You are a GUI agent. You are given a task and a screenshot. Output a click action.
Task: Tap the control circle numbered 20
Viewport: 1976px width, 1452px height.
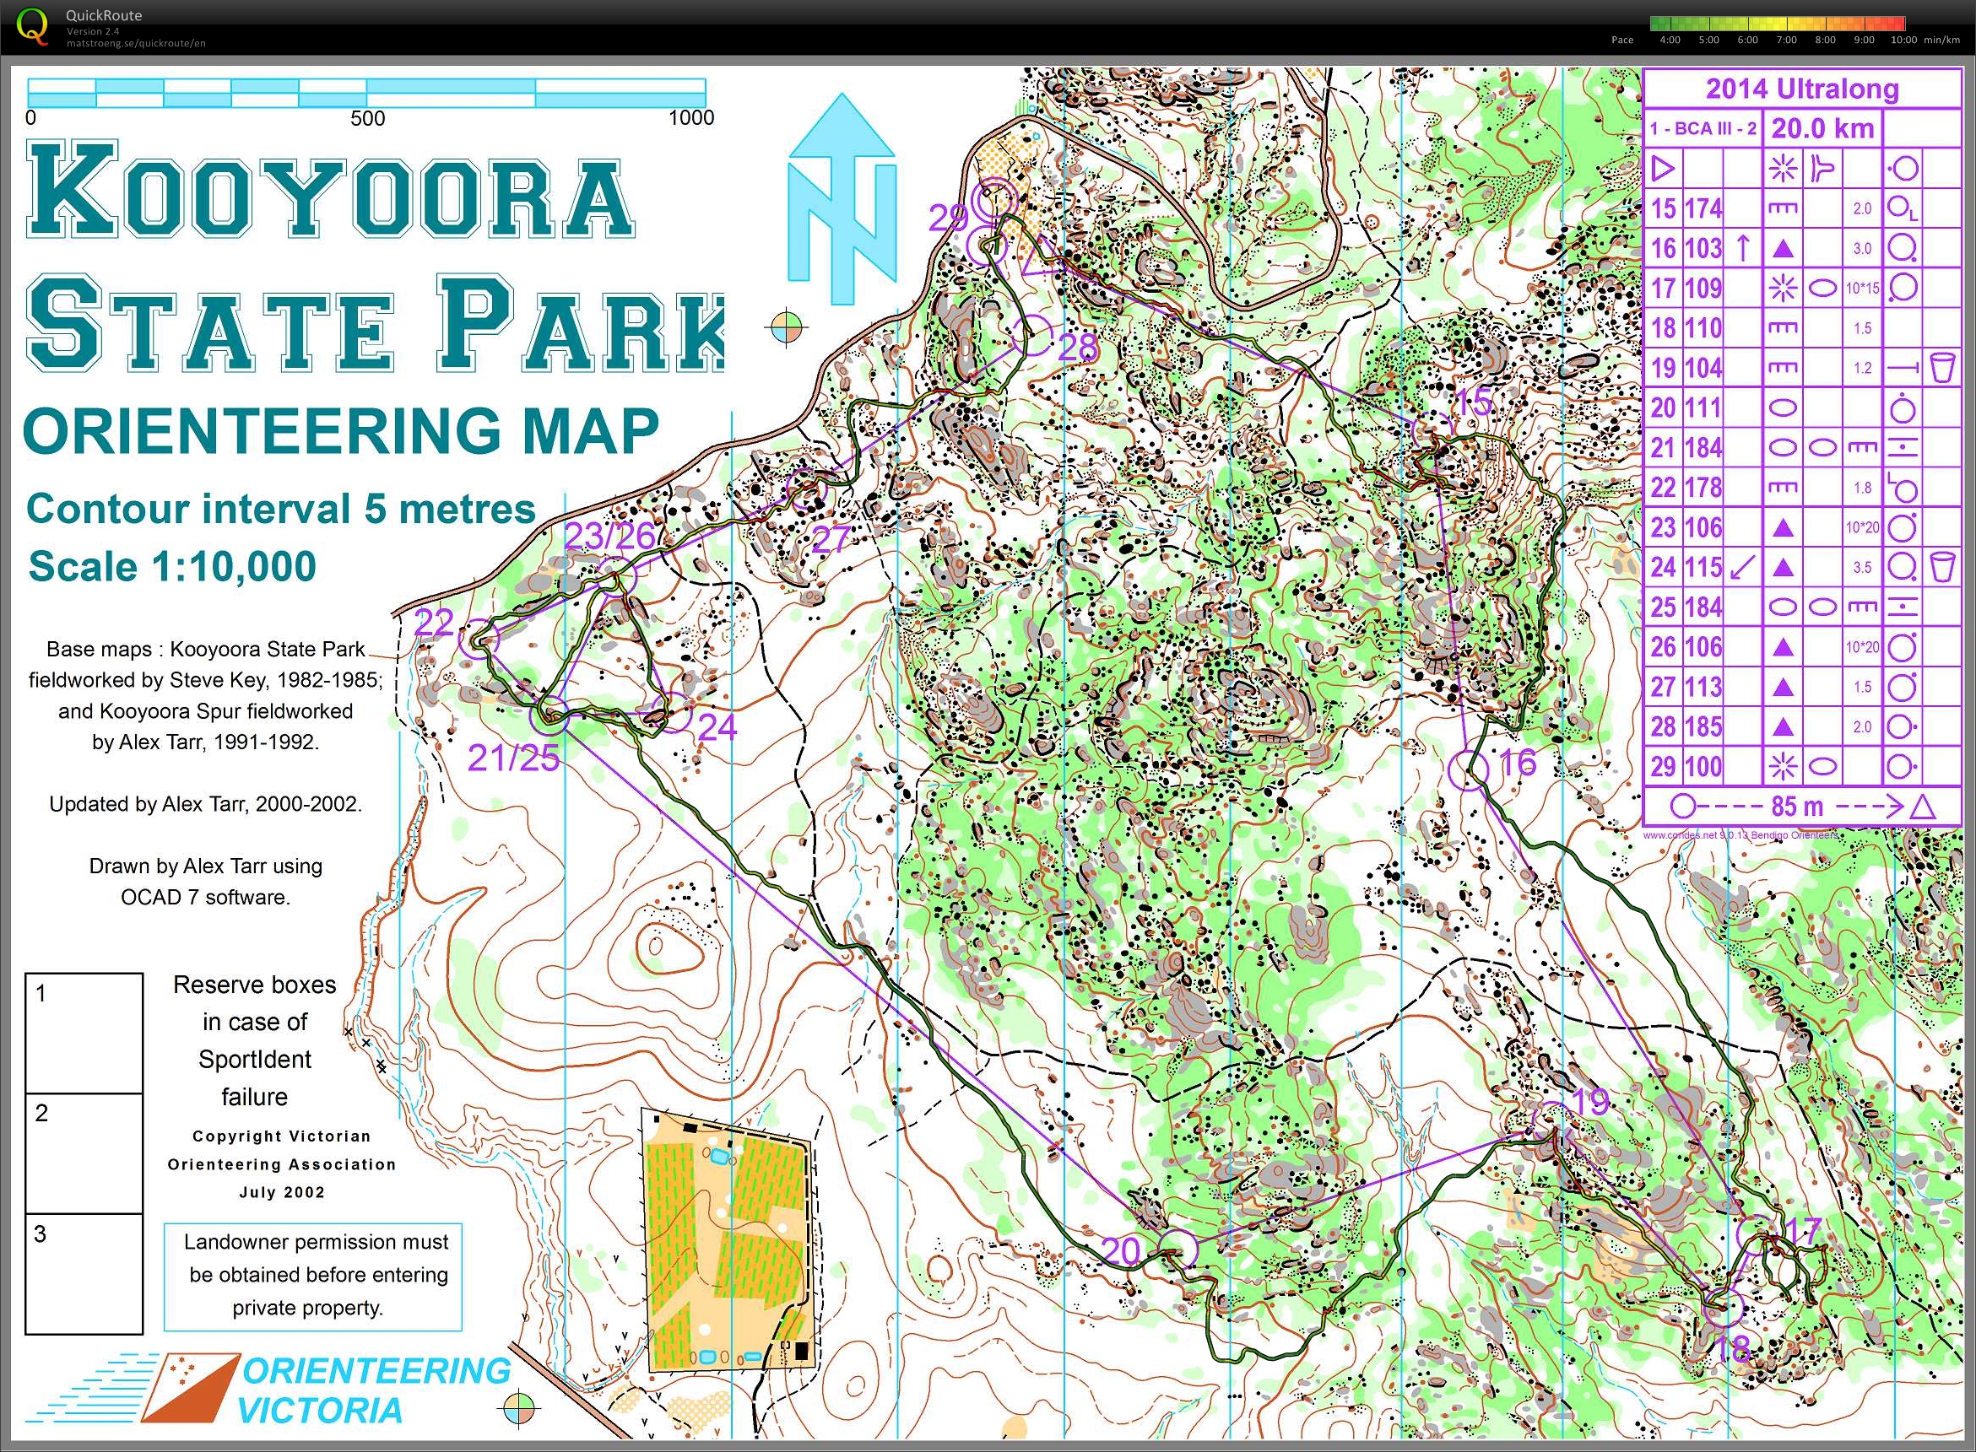coord(1177,1248)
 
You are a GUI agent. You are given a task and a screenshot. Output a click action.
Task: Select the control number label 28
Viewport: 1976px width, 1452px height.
coord(1077,348)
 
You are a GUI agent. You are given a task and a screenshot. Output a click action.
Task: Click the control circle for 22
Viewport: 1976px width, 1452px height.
coord(479,638)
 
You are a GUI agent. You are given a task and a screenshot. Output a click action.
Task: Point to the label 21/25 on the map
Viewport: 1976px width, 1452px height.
coord(512,758)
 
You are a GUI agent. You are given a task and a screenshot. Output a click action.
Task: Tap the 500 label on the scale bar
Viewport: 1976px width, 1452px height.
coord(367,119)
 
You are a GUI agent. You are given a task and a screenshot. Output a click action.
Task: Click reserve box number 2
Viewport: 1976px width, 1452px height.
coord(84,1153)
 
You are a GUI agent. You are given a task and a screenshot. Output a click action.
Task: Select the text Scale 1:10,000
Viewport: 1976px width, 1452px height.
coord(172,567)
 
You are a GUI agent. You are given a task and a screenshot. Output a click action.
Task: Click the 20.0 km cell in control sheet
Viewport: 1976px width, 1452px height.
coord(1822,128)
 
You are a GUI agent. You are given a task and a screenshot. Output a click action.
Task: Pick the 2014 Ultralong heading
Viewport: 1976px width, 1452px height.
coord(1802,89)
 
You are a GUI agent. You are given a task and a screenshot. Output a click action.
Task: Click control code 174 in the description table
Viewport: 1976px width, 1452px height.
coord(1703,208)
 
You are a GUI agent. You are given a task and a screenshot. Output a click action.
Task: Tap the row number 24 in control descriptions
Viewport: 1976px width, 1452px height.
coord(1663,567)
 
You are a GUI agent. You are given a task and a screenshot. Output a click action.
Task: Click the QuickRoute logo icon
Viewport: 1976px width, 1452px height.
coord(33,25)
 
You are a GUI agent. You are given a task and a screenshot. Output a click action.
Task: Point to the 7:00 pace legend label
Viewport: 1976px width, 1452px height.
coord(1786,40)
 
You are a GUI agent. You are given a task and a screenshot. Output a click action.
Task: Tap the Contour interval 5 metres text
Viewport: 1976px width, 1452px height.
coord(280,509)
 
